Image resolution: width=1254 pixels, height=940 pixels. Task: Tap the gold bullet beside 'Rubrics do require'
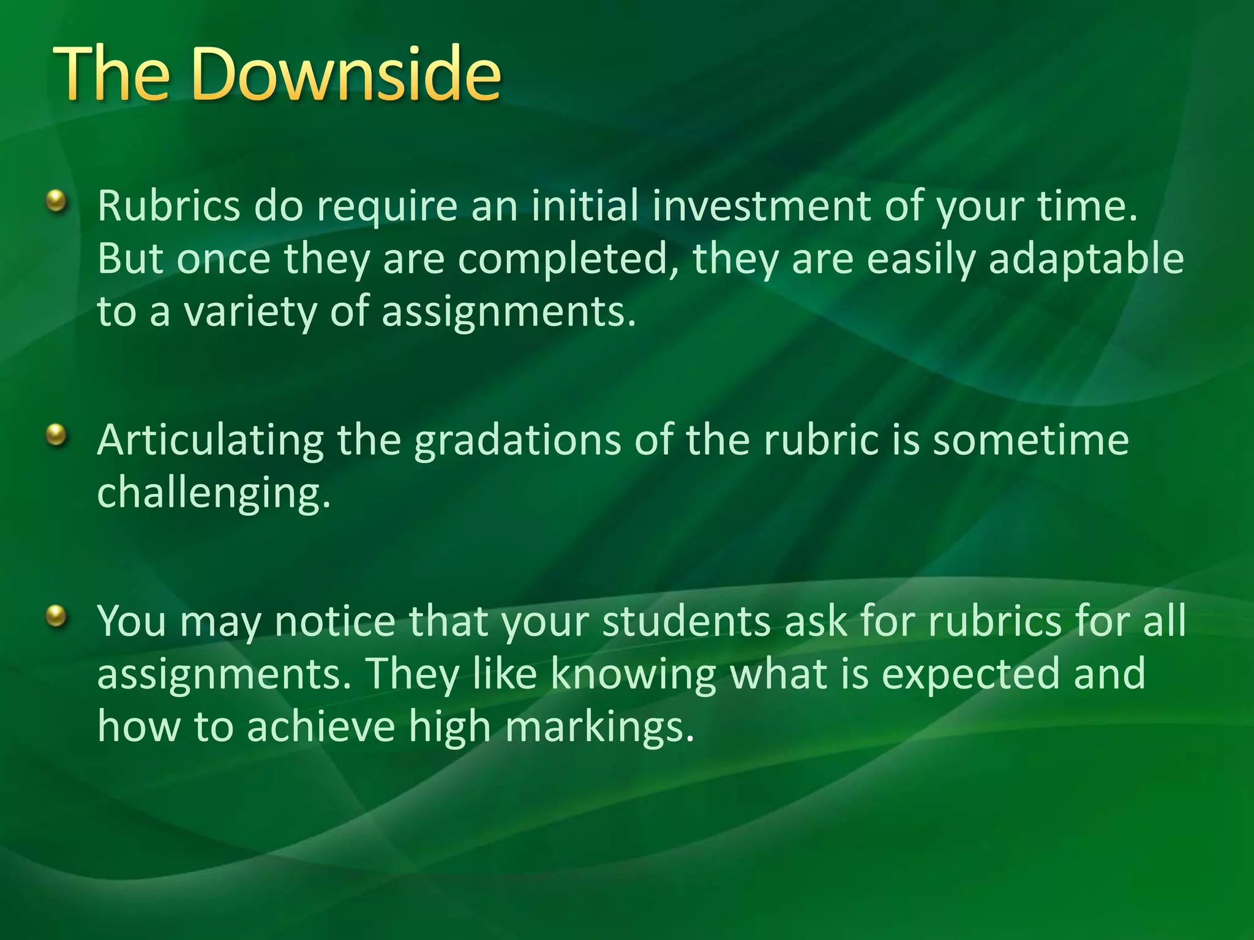coord(56,200)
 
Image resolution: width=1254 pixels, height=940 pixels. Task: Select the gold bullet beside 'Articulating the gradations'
coord(56,435)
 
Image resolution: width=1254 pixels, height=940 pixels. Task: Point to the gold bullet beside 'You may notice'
coord(56,615)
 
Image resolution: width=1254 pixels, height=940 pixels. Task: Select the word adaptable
coord(1086,259)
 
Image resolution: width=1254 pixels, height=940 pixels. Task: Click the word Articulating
coord(210,441)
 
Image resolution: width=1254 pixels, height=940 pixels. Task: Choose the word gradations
coord(517,441)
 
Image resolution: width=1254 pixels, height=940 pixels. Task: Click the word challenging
coord(214,493)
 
